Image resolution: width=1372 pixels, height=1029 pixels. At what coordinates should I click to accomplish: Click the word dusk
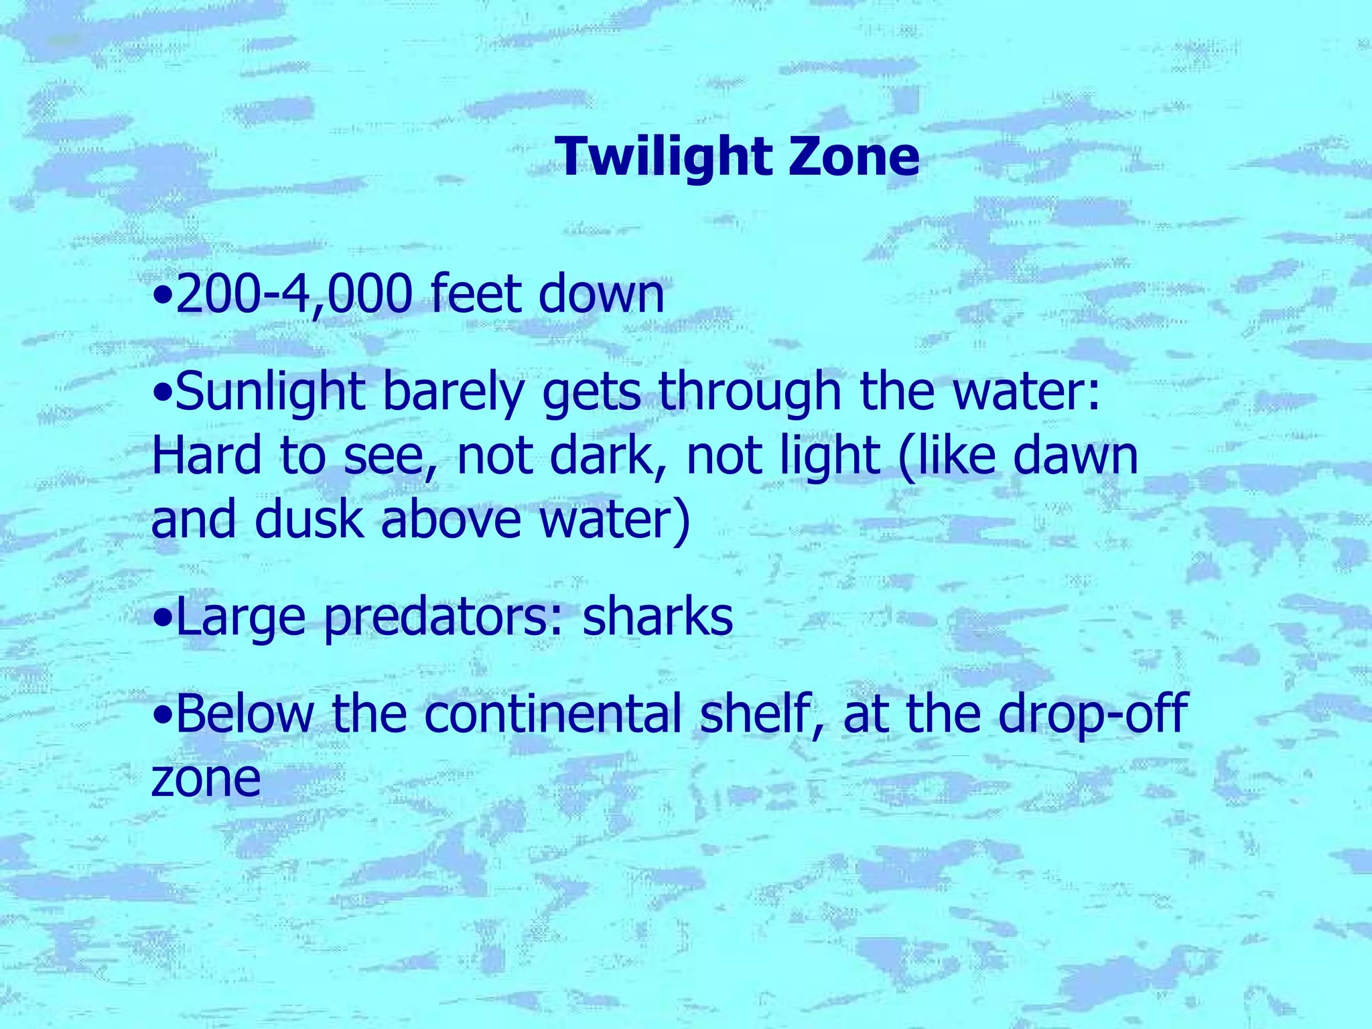[x=308, y=519]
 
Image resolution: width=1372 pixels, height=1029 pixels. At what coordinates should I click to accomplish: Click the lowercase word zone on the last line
[x=206, y=778]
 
